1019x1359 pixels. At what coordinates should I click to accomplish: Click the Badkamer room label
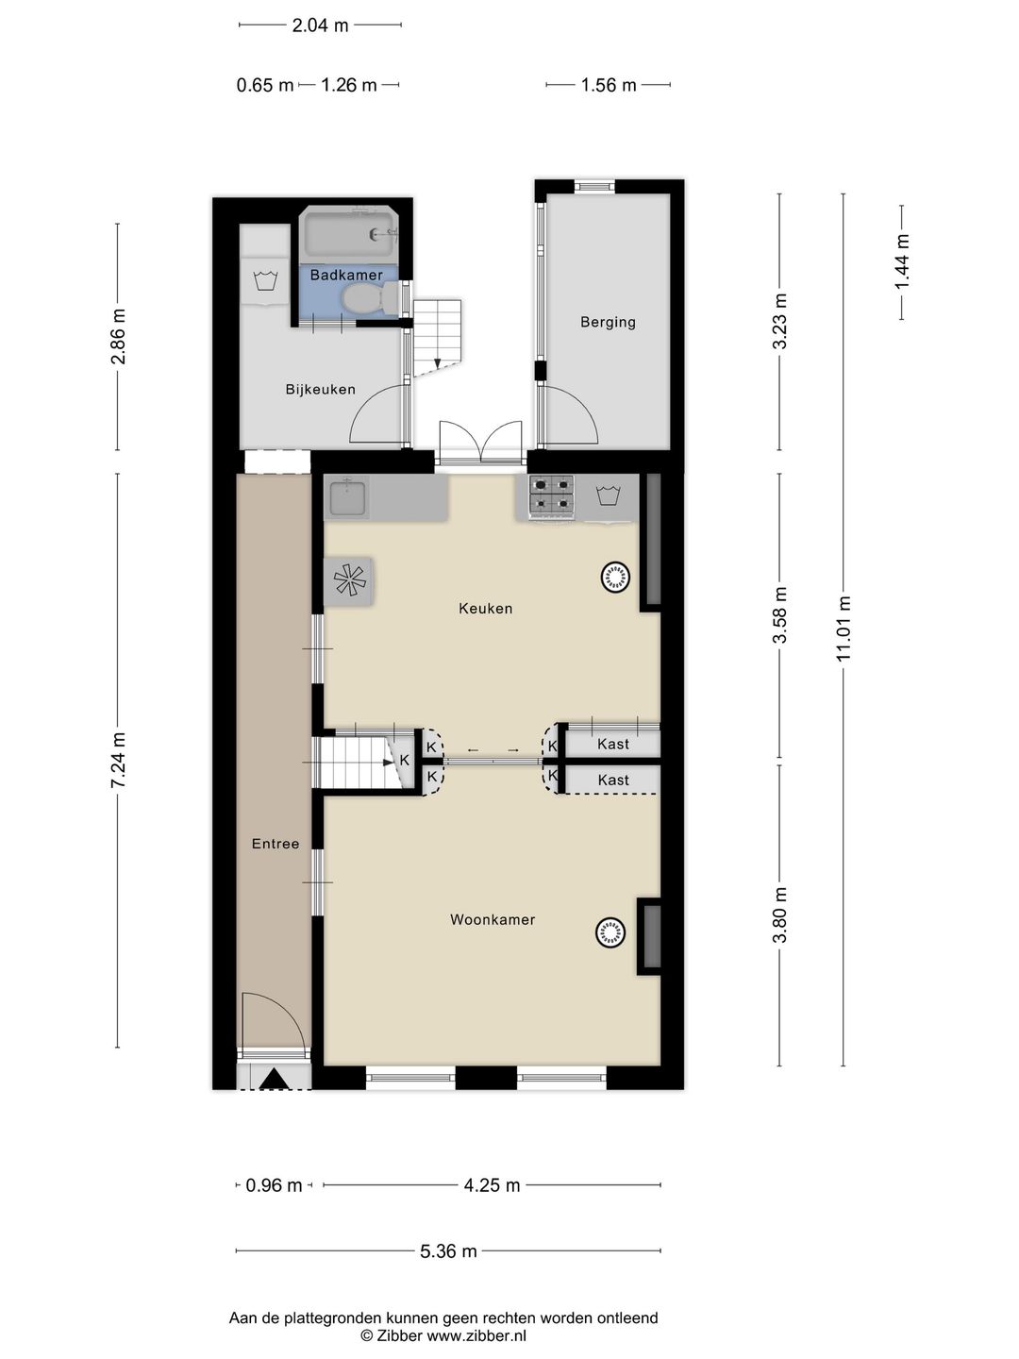pyautogui.click(x=346, y=276)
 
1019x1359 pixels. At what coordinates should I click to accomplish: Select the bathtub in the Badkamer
pyautogui.click(x=347, y=234)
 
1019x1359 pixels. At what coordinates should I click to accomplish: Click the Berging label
pyautogui.click(x=608, y=322)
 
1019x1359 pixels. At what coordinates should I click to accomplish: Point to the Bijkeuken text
pyautogui.click(x=321, y=389)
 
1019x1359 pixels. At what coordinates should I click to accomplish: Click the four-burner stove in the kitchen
pyautogui.click(x=552, y=496)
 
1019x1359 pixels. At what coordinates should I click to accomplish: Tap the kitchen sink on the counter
pyautogui.click(x=348, y=497)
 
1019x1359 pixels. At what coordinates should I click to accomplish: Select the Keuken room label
pyautogui.click(x=486, y=609)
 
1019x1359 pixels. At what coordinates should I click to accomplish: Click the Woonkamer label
pyautogui.click(x=493, y=919)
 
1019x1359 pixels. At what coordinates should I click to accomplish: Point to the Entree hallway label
pyautogui.click(x=276, y=844)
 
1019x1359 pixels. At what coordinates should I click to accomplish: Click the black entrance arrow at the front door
pyautogui.click(x=274, y=1079)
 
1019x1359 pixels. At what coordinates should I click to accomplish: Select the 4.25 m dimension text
pyautogui.click(x=492, y=1185)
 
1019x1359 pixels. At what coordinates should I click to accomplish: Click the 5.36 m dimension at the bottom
pyautogui.click(x=448, y=1251)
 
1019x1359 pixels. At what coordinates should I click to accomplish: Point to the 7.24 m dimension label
pyautogui.click(x=118, y=761)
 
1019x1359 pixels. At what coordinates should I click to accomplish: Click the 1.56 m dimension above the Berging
pyautogui.click(x=609, y=85)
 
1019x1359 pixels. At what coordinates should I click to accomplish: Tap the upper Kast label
pyautogui.click(x=613, y=744)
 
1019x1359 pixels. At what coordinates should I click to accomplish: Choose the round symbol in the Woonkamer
pyautogui.click(x=610, y=933)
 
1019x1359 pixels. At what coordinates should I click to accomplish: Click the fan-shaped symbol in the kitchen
pyautogui.click(x=347, y=580)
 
